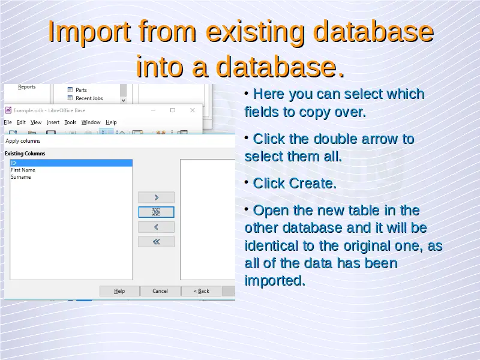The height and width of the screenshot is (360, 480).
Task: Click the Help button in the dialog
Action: click(x=119, y=291)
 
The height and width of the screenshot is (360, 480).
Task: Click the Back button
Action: click(x=201, y=291)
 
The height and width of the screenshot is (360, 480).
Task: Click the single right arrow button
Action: click(x=156, y=197)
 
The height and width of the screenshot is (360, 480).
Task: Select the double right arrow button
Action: click(x=156, y=212)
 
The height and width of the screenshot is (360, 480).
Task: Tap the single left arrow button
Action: click(x=156, y=227)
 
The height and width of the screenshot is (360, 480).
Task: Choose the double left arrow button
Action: click(x=156, y=242)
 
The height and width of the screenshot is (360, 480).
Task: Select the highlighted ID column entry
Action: click(x=71, y=163)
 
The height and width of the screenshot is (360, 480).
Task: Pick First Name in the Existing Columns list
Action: click(x=23, y=170)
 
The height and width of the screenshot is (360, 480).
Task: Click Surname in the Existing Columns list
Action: click(x=21, y=177)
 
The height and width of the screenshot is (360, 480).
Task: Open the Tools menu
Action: click(x=70, y=122)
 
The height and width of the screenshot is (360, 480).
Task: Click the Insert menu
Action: click(x=53, y=122)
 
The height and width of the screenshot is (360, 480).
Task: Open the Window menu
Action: click(x=91, y=122)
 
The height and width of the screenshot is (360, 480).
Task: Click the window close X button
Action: click(x=193, y=110)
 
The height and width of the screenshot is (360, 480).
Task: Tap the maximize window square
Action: click(x=173, y=110)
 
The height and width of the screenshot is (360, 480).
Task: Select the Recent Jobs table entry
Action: click(x=89, y=98)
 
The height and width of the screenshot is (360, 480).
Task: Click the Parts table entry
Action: click(x=81, y=90)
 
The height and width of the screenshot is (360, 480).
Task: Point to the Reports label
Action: click(x=26, y=87)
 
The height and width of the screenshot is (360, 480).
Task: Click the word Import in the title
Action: click(x=90, y=32)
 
